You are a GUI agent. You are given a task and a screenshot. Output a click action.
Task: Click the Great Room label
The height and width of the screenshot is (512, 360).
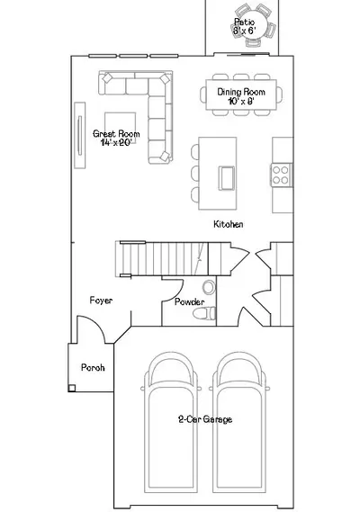(x=116, y=133)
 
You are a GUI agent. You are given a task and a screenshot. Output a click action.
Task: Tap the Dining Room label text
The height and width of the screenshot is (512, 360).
(x=241, y=92)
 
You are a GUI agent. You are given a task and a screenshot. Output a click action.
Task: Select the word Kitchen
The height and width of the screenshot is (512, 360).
(x=228, y=224)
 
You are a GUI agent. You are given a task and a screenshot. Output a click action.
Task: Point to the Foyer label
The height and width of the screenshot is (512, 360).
(x=101, y=301)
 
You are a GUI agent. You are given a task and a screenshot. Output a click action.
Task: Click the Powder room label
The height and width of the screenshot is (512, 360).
(x=190, y=301)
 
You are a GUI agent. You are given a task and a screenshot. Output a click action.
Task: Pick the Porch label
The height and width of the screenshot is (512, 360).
(x=93, y=368)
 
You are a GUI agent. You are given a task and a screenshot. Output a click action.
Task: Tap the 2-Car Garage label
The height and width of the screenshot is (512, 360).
(x=205, y=419)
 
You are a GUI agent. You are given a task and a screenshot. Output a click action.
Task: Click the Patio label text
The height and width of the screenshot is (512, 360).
(x=245, y=22)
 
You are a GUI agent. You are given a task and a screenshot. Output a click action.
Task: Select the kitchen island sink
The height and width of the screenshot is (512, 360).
(x=227, y=178)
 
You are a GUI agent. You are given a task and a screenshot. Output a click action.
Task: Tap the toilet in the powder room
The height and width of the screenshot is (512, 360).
(x=204, y=313)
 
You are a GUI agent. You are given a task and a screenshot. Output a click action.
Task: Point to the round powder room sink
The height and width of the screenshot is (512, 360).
(x=209, y=287)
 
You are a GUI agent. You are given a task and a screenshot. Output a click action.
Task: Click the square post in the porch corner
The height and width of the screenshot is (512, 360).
(x=72, y=388)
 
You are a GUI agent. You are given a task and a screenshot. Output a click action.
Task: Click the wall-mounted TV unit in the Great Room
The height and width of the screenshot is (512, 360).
(x=80, y=135)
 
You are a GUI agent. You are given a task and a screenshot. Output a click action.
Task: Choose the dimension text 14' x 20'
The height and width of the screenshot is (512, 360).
(x=116, y=142)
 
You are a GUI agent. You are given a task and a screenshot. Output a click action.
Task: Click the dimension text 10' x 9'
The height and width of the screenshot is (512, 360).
(x=241, y=101)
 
